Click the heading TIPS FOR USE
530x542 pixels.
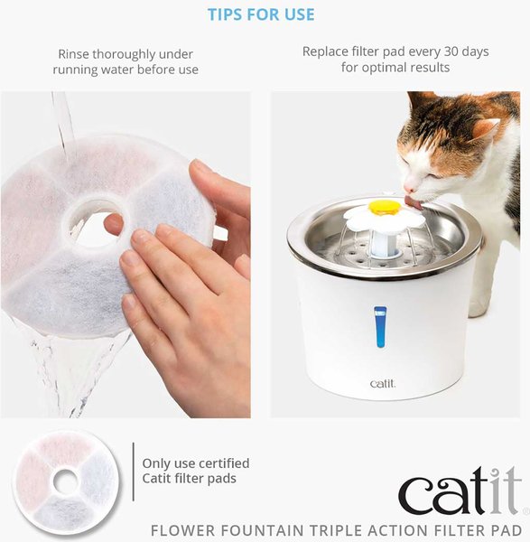(x=261, y=15)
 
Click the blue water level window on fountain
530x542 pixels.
(x=380, y=328)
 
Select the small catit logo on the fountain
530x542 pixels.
(x=382, y=384)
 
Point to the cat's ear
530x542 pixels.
(x=486, y=127)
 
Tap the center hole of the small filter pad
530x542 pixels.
(x=65, y=482)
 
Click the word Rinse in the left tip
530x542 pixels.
(x=76, y=53)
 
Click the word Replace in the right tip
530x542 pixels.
(x=327, y=51)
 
